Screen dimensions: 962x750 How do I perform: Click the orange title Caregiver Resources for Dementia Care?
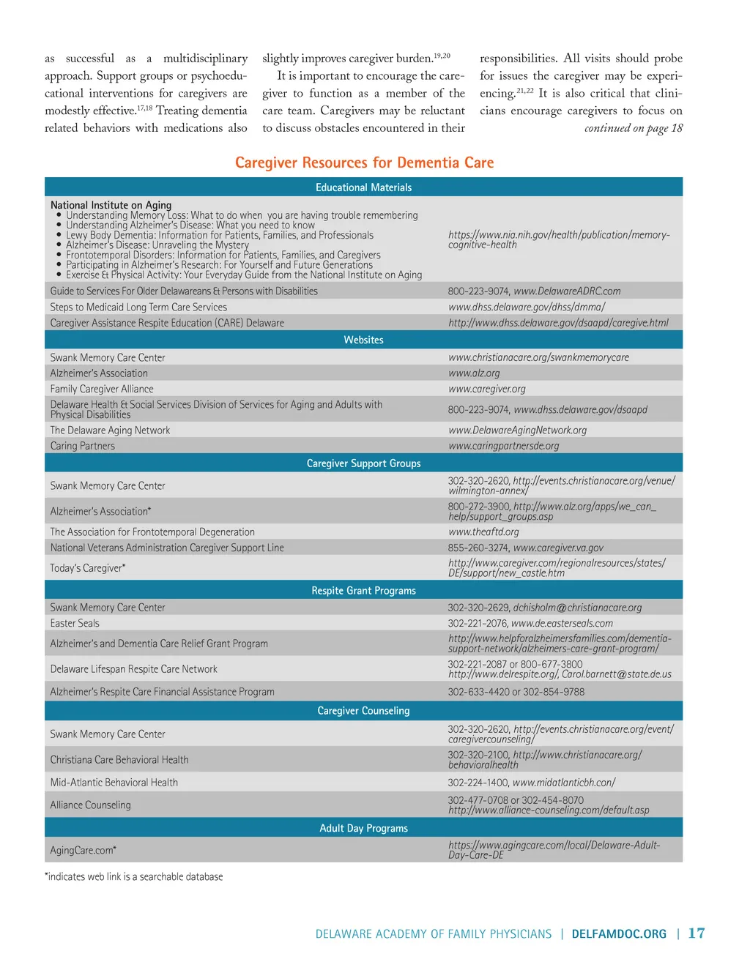pyautogui.click(x=364, y=163)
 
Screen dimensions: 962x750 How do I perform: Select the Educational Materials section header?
pyautogui.click(x=363, y=187)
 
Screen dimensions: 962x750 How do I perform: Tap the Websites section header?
pyautogui.click(x=363, y=340)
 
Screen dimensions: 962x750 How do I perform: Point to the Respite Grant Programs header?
pyautogui.click(x=363, y=591)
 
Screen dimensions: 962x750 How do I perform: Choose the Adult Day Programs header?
pyautogui.click(x=363, y=828)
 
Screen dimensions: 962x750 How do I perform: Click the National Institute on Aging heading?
pyautogui.click(x=111, y=205)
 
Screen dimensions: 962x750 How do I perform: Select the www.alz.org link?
pyautogui.click(x=474, y=373)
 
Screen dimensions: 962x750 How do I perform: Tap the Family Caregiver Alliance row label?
pyautogui.click(x=102, y=389)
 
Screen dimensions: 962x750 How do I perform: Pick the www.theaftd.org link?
pyautogui.click(x=483, y=532)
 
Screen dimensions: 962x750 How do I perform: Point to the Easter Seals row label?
pyautogui.click(x=75, y=623)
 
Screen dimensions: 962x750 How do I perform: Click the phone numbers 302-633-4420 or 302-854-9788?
pyautogui.click(x=516, y=692)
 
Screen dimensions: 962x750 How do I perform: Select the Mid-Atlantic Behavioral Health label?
pyautogui.click(x=114, y=783)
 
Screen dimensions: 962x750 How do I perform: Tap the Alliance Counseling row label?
pyautogui.click(x=90, y=805)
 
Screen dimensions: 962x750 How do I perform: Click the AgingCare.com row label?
pyautogui.click(x=83, y=850)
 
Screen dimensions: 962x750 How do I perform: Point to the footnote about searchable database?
pyautogui.click(x=134, y=876)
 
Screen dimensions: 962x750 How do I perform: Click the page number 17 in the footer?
pyautogui.click(x=696, y=933)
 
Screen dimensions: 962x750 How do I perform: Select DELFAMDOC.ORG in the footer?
pyautogui.click(x=619, y=934)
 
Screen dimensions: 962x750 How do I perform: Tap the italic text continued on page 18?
pyautogui.click(x=633, y=128)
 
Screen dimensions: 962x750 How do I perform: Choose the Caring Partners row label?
pyautogui.click(x=82, y=446)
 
